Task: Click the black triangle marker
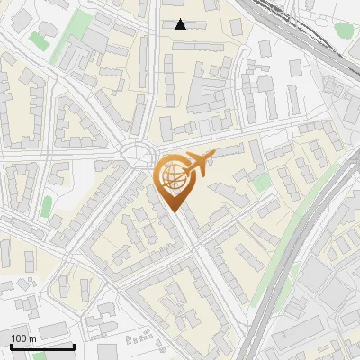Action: pyautogui.click(x=181, y=24)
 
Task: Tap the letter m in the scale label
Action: pyautogui.click(x=32, y=338)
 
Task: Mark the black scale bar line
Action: pyautogui.click(x=42, y=346)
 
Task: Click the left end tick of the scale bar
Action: pyautogui.click(x=11, y=345)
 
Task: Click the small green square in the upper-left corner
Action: pyautogui.click(x=38, y=40)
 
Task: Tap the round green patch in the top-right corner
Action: pyautogui.click(x=345, y=30)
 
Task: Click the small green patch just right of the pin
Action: pyautogui.click(x=261, y=184)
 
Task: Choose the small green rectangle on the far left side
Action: pyautogui.click(x=46, y=207)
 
